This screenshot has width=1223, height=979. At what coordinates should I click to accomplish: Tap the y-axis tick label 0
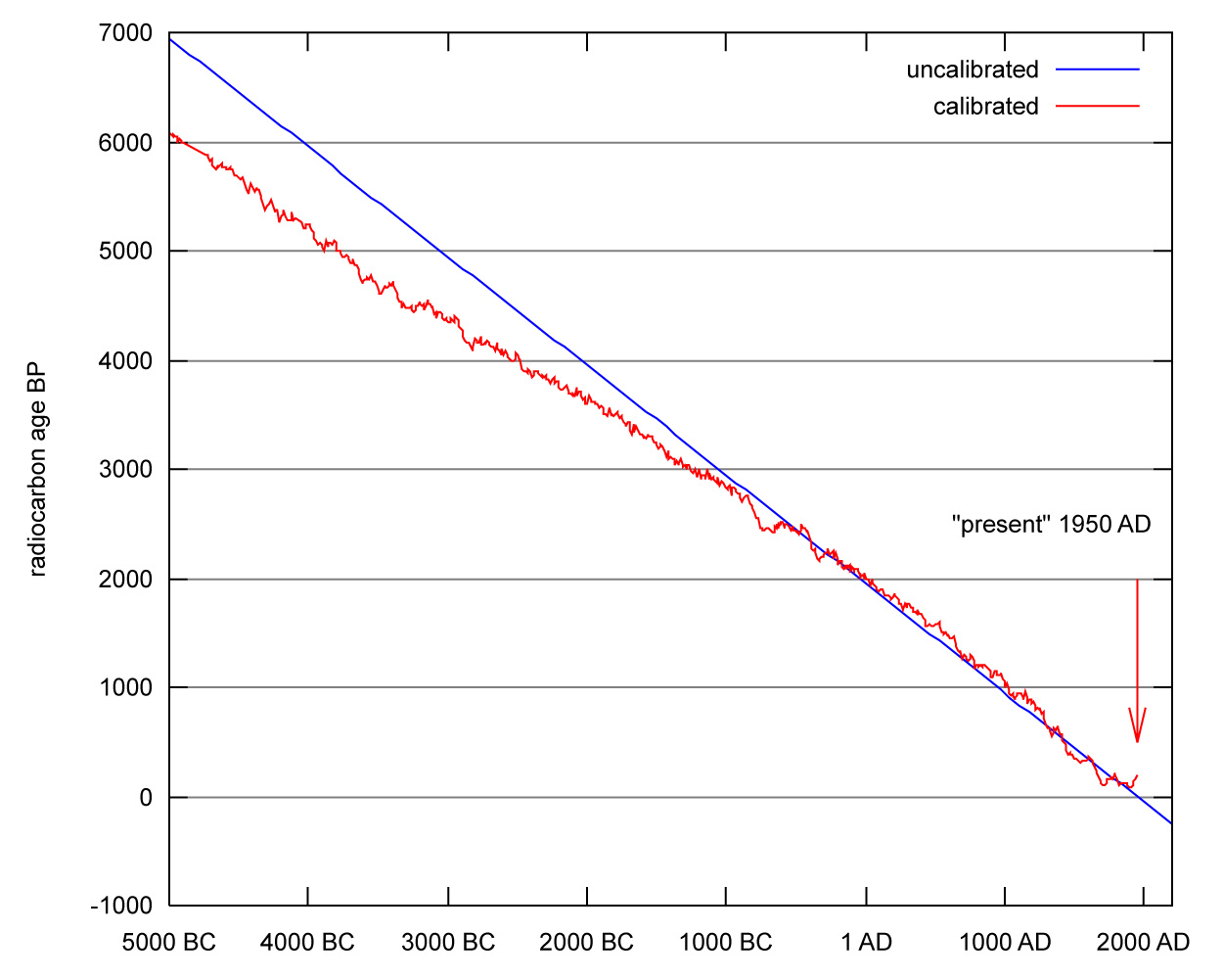tap(146, 798)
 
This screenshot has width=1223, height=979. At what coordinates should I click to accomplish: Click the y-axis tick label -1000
tap(122, 907)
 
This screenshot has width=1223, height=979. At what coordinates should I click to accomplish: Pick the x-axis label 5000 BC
tap(168, 943)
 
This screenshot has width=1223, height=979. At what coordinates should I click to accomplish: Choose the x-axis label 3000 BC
tap(448, 943)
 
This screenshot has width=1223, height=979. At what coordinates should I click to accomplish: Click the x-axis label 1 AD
tap(866, 943)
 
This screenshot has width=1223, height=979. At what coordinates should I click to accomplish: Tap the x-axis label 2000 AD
tap(1143, 943)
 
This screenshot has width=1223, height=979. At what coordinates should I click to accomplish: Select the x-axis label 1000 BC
tap(726, 943)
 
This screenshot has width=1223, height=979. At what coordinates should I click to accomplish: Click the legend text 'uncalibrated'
tap(972, 70)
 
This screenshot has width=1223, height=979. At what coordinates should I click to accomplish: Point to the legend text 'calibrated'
tap(985, 106)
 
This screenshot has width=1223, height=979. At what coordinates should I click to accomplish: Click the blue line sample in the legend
tap(1098, 70)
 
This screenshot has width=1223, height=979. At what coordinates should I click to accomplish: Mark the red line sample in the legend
tap(1098, 106)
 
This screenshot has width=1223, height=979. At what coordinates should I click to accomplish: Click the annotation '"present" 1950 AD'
tap(1051, 525)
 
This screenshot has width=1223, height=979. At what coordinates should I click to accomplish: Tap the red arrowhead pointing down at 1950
tap(1137, 729)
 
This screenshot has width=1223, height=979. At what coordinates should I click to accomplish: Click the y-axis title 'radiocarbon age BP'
tap(38, 472)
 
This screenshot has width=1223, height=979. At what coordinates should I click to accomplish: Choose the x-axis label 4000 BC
tap(307, 943)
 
